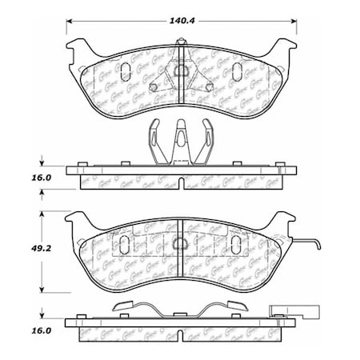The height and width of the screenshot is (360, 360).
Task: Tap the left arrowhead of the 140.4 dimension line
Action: pos(69,22)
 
